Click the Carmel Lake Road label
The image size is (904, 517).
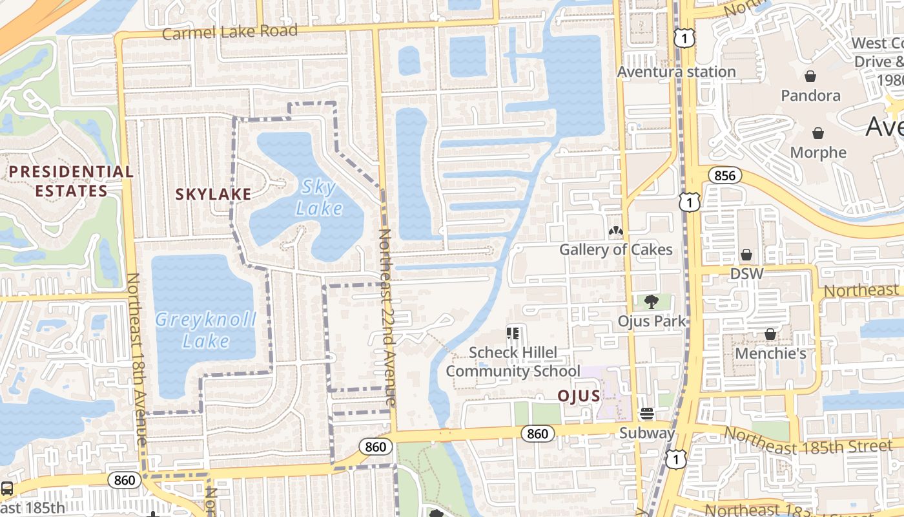point(230,32)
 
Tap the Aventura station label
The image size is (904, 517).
point(676,72)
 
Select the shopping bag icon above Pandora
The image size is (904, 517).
point(810,77)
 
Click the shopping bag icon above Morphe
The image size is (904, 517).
point(818,134)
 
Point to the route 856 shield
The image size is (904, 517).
point(724,175)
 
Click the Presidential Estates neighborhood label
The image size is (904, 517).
point(71,182)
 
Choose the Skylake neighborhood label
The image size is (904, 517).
point(213,194)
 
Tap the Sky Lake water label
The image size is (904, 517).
point(319,198)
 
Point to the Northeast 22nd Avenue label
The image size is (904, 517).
point(386,317)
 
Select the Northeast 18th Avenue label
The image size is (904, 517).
point(138,359)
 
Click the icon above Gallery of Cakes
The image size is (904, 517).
point(615,231)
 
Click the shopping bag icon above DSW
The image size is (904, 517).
point(746,255)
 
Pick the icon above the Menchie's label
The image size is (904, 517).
point(770,334)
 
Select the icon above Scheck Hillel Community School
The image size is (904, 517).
point(513,333)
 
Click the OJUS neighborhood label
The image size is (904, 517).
point(579,396)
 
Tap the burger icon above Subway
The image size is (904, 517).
point(647,414)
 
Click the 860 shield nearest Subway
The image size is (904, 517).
point(537,434)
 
